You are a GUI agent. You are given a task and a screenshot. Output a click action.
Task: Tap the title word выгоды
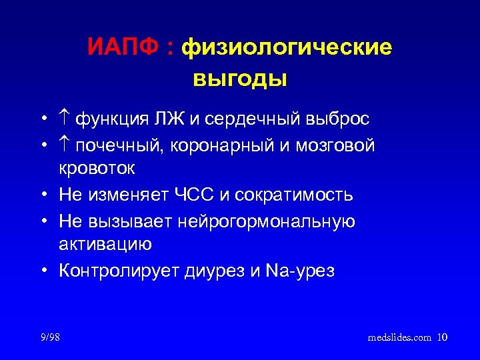pyautogui.click(x=240, y=78)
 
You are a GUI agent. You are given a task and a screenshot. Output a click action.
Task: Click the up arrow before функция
pyautogui.click(x=64, y=119)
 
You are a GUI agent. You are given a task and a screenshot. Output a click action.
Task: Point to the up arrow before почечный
pyautogui.click(x=64, y=145)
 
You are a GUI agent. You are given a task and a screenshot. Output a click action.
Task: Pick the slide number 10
pyautogui.click(x=443, y=337)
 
